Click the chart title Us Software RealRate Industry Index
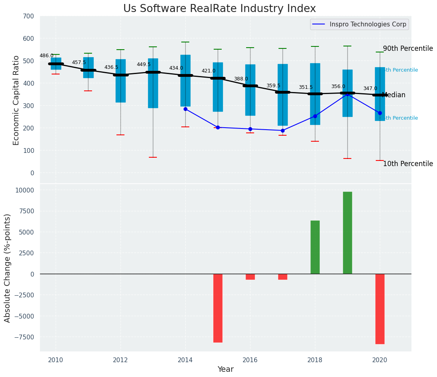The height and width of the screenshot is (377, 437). (x=219, y=9)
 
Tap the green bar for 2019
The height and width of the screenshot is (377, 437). (x=347, y=233)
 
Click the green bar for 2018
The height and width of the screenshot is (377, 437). (x=315, y=247)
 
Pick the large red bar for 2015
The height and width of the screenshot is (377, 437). (x=218, y=308)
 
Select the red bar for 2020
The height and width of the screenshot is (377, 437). (x=380, y=309)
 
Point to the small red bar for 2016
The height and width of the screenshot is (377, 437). (x=250, y=277)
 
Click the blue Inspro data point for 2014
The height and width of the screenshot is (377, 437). (x=185, y=109)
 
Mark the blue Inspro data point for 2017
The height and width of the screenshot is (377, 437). (x=283, y=130)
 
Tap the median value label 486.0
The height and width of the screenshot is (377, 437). (x=46, y=56)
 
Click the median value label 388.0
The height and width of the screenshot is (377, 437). (x=241, y=79)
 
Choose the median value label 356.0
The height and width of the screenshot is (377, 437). (x=338, y=87)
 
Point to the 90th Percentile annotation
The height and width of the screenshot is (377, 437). (x=408, y=49)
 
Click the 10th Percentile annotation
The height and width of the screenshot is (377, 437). (x=408, y=164)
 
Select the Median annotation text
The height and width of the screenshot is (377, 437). (x=394, y=95)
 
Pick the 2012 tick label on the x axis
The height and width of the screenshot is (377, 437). (x=120, y=360)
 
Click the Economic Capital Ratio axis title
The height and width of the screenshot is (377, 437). (x=16, y=100)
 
